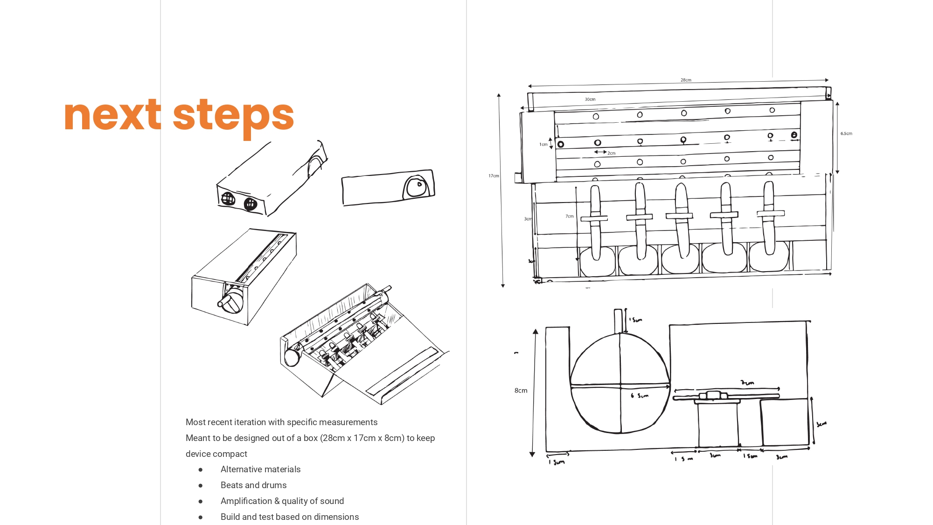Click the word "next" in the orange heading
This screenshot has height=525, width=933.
coord(112,115)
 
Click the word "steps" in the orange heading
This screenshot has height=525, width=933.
coord(233,115)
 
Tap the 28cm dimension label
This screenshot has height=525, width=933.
coord(686,80)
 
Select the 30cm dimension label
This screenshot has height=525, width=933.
coord(590,99)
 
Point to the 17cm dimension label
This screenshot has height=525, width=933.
coord(494,176)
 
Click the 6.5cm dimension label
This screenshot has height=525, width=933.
coord(846,133)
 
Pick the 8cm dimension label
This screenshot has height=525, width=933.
coord(521,391)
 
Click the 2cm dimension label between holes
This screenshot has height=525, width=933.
coord(611,153)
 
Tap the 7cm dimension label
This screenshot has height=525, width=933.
coord(570,217)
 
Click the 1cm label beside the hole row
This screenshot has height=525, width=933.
coord(543,145)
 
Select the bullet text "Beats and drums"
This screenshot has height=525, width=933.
coord(253,485)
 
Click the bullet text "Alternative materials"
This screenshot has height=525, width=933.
coord(260,469)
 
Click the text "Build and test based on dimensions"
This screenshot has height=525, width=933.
coord(290,517)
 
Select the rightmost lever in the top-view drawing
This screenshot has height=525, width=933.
coord(769,217)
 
